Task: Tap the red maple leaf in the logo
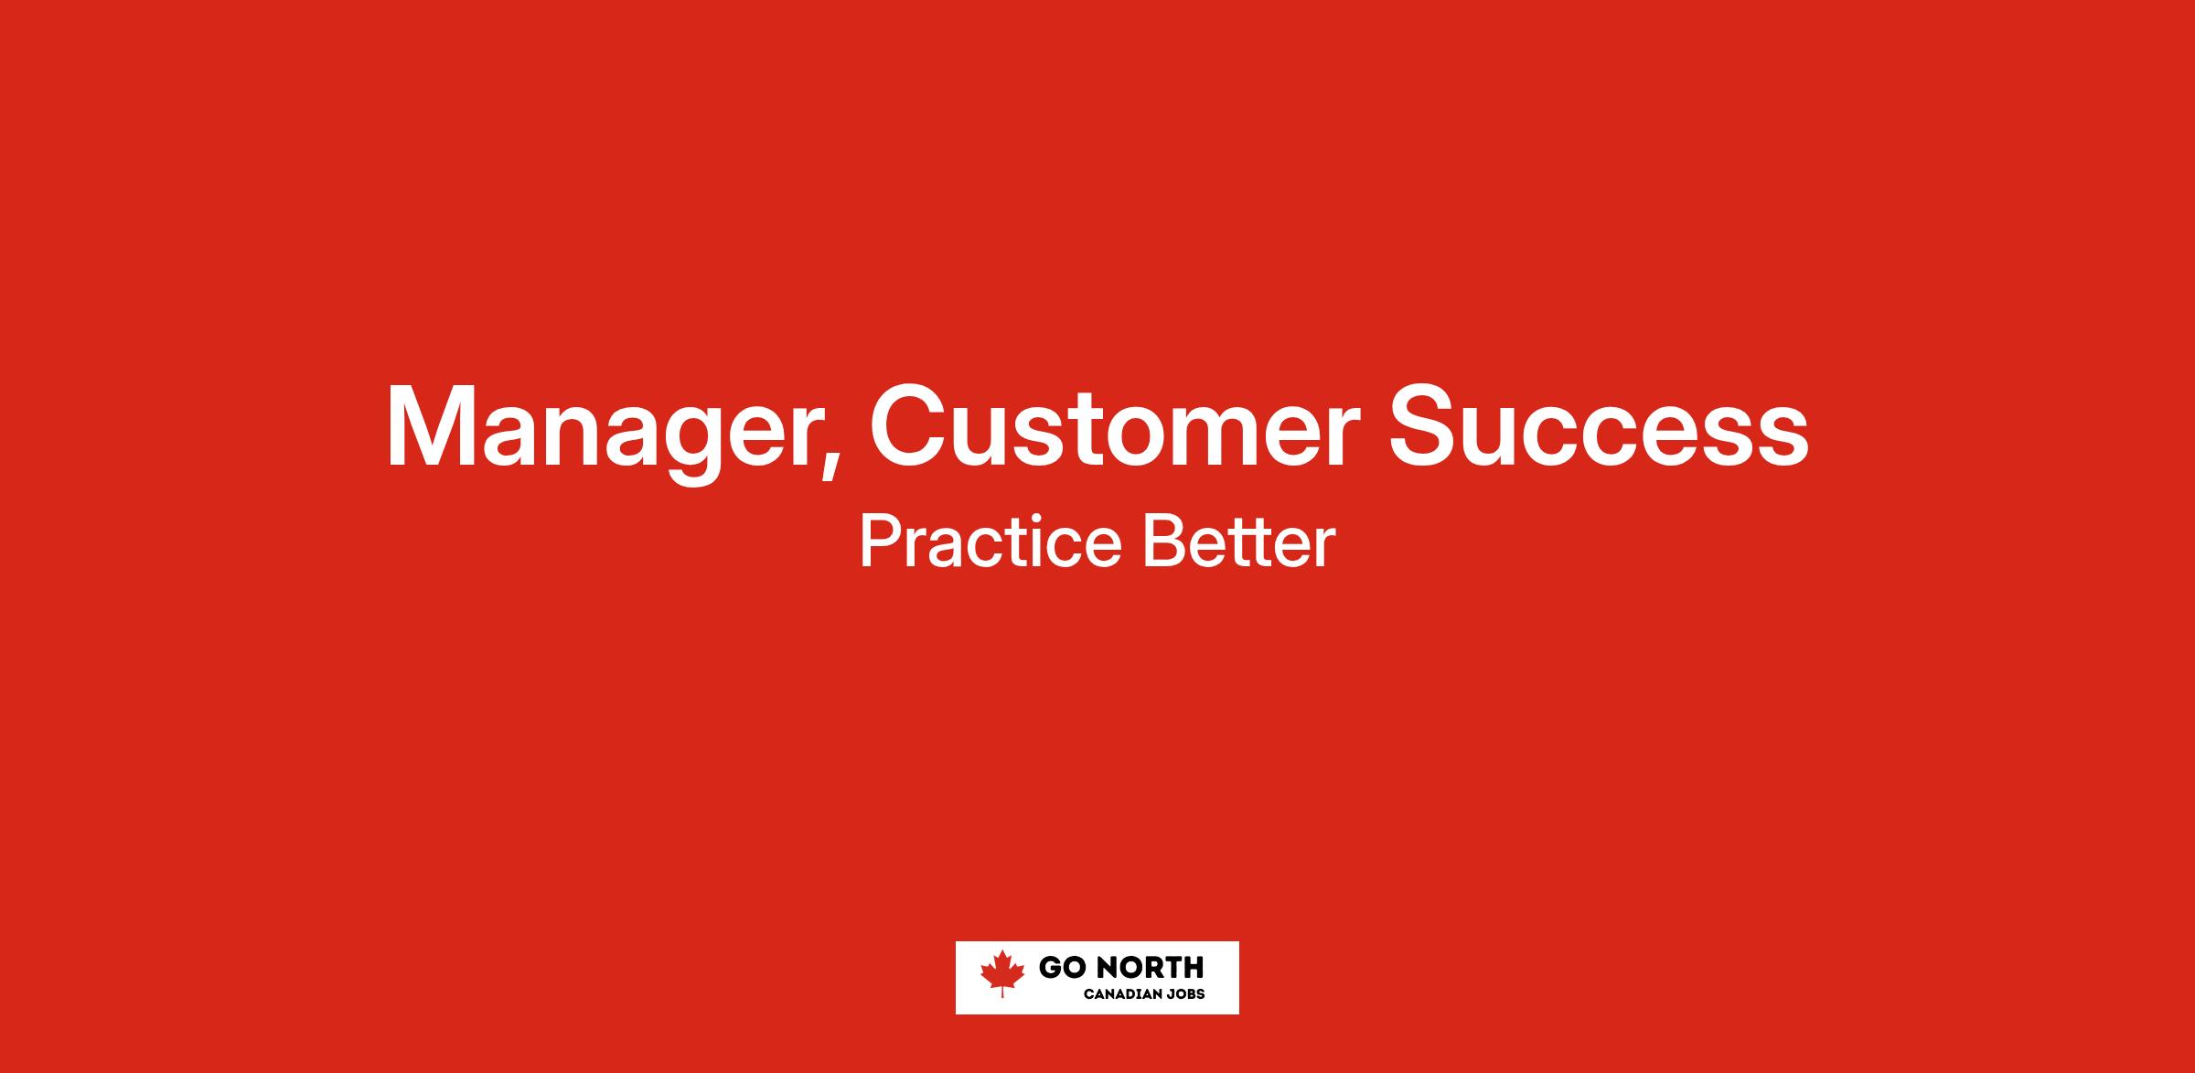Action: tap(1002, 972)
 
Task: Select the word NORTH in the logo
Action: tap(1148, 967)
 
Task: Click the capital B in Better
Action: tap(1163, 542)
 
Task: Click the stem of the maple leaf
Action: tap(1002, 992)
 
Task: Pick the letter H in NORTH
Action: tap(1193, 967)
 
